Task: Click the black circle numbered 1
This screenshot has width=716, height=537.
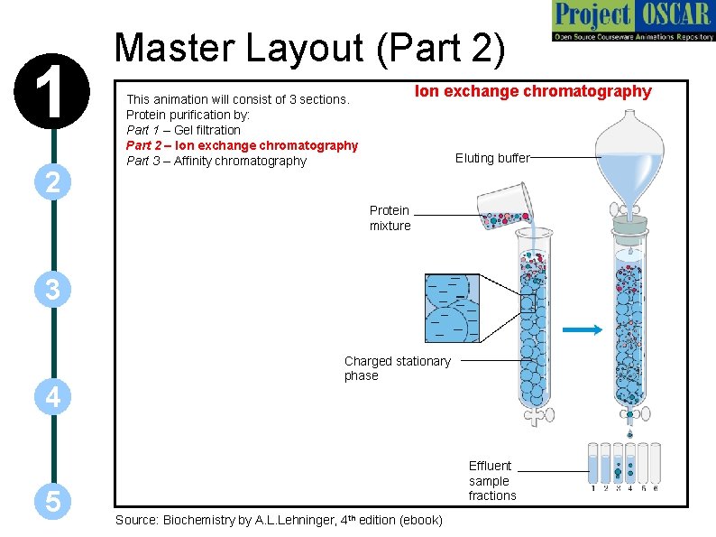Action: point(53,95)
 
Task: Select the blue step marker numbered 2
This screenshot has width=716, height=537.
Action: point(53,182)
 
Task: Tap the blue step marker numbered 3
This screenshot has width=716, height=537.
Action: point(53,290)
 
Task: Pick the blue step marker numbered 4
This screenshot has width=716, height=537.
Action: point(53,397)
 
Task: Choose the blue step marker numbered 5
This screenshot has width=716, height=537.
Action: point(53,502)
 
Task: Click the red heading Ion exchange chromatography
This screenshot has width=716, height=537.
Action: point(532,91)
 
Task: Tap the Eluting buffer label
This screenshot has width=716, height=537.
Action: point(492,158)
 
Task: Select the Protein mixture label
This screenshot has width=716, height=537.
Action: point(390,218)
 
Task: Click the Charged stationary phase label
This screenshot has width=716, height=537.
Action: point(397,368)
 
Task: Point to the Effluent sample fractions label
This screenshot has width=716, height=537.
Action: point(491,480)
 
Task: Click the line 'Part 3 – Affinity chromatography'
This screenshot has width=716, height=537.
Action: point(216,162)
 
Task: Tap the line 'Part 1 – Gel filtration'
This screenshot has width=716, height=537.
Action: point(183,130)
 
